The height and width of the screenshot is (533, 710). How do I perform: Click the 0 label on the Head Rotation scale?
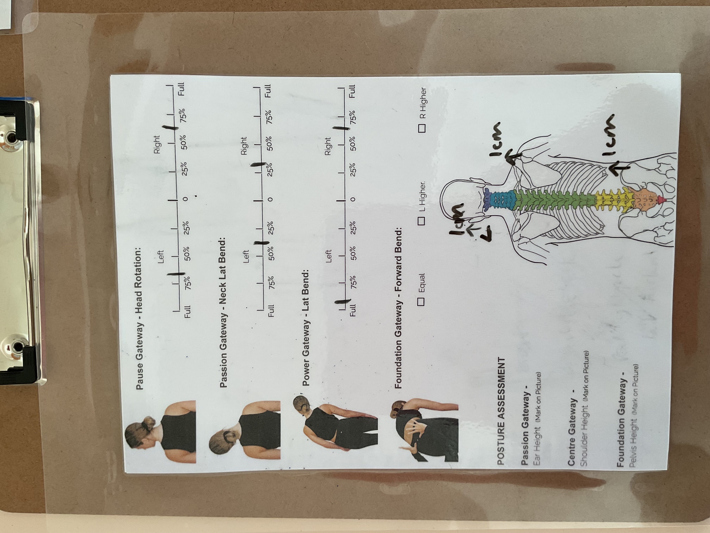[x=185, y=198]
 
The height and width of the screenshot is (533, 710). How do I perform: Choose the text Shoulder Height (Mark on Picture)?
[x=583, y=409]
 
